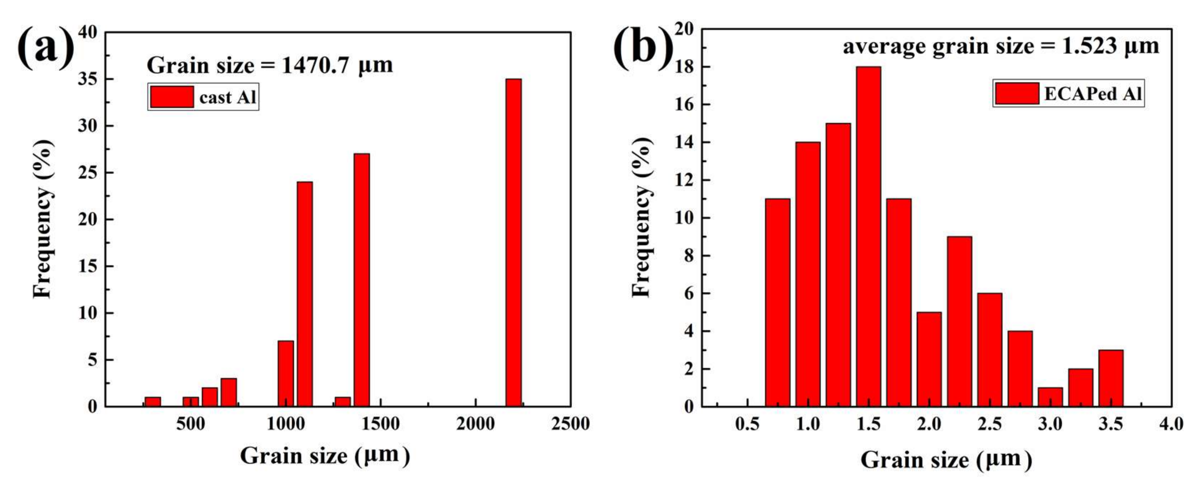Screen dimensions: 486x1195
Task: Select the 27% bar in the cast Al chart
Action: point(361,280)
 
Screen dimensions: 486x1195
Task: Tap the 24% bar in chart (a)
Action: point(304,294)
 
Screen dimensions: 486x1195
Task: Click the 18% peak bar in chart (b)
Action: point(868,236)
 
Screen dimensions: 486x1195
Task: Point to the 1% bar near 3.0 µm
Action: point(1050,397)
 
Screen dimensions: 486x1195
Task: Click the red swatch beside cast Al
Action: point(172,96)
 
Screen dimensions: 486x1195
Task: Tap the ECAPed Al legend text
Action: point(1092,94)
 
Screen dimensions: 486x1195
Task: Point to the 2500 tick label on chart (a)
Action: point(570,423)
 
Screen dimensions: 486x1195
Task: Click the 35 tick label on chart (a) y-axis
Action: point(88,79)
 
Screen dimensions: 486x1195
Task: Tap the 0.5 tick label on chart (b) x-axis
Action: point(747,423)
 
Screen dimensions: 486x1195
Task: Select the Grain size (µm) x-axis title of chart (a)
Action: point(325,456)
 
